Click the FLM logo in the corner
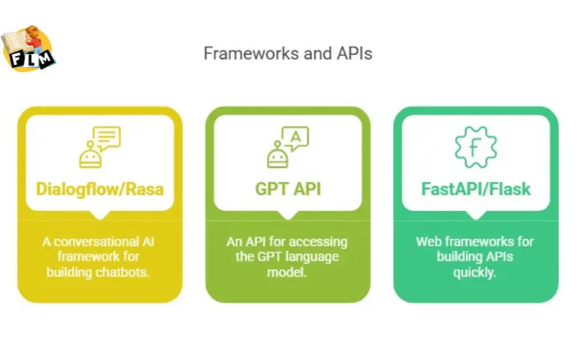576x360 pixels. point(29,50)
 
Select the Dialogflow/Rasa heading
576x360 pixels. point(99,189)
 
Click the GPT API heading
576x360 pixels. point(288,189)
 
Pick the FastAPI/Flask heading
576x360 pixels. point(476,189)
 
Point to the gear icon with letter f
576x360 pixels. point(476,147)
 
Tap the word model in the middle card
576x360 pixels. point(288,271)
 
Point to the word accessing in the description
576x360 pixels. point(313,241)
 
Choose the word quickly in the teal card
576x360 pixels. point(476,271)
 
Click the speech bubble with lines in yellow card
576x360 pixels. point(107,137)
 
